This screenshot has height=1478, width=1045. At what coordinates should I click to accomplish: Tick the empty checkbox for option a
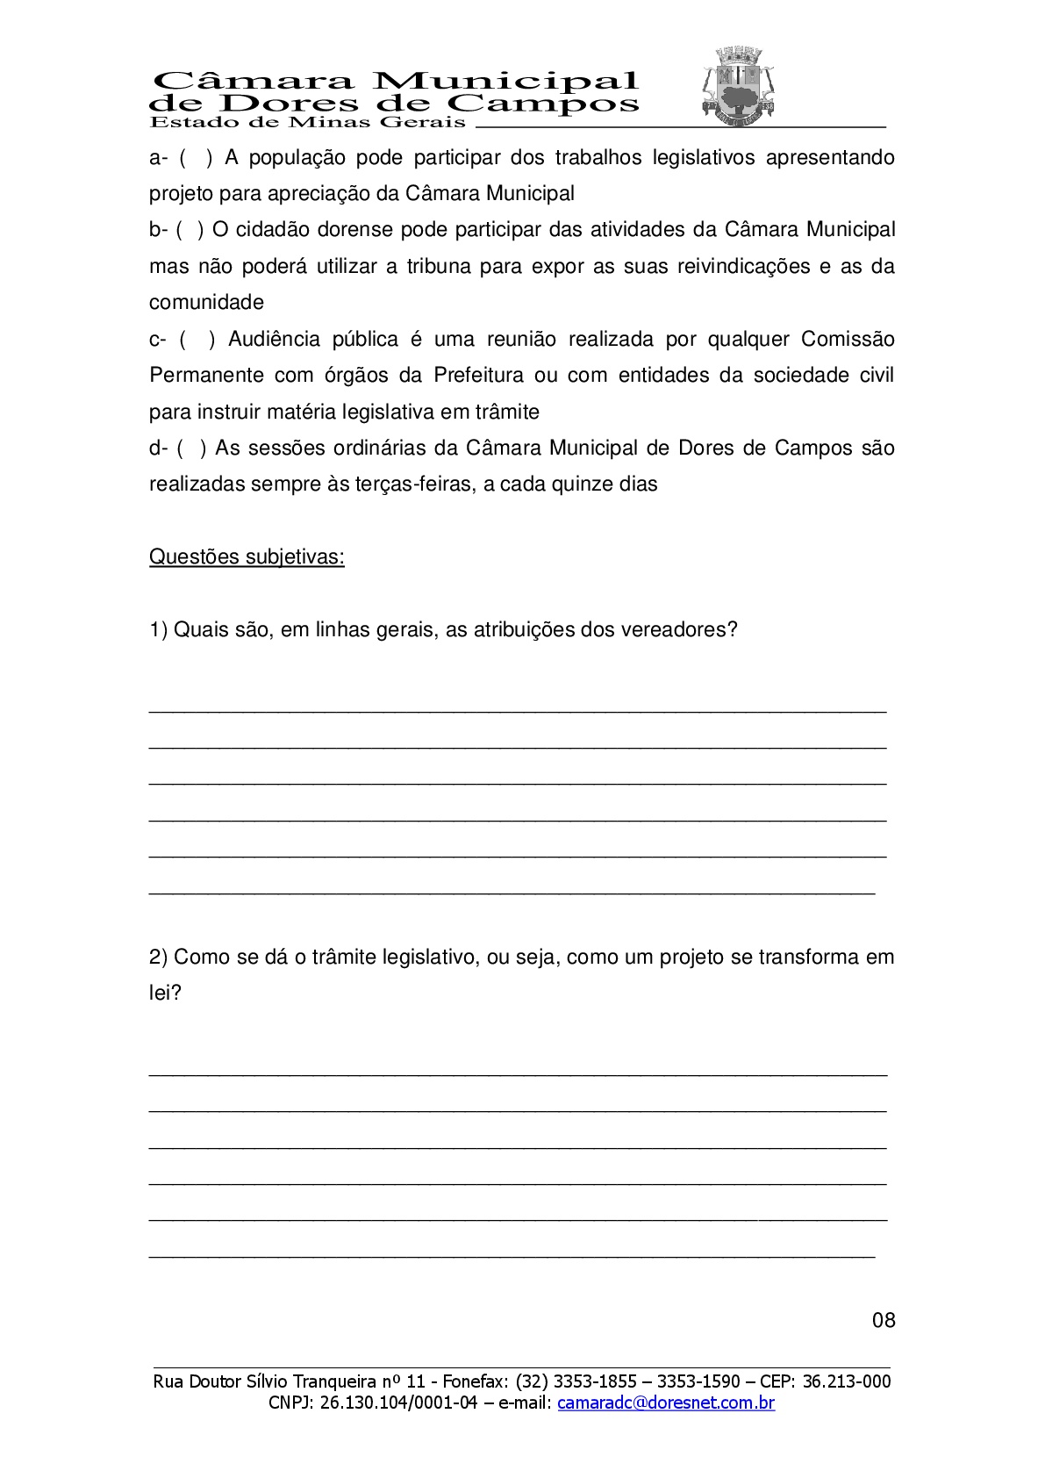click(x=196, y=158)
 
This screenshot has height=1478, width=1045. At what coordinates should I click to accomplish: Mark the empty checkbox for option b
click(x=190, y=230)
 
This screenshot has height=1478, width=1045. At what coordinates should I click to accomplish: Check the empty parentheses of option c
click(x=197, y=340)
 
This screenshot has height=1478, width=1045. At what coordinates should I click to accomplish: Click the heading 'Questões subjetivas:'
click(x=247, y=557)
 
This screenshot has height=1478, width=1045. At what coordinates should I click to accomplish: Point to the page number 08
click(x=884, y=1320)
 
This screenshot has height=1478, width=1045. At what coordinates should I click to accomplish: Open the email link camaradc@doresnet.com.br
click(x=666, y=1403)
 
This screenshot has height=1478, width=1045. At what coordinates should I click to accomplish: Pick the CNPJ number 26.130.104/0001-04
click(x=398, y=1403)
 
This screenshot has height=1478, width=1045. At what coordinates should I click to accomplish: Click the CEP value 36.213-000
click(x=847, y=1381)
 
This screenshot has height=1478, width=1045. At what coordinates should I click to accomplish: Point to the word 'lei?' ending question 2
click(x=165, y=994)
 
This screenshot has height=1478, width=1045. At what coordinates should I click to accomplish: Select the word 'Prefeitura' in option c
click(x=478, y=376)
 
